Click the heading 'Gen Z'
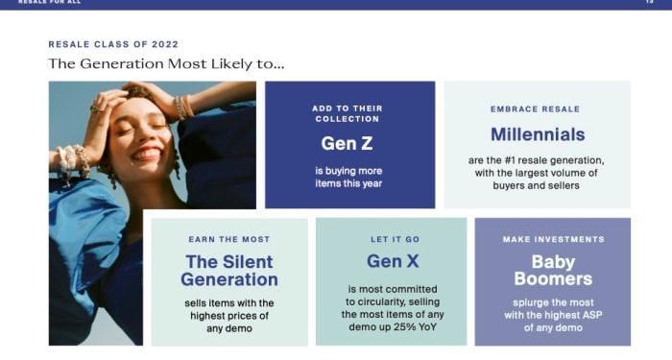(349, 143)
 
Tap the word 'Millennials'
(537, 134)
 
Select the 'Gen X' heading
(391, 261)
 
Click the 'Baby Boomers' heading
(553, 270)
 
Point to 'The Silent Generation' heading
(229, 271)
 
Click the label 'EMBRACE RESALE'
(536, 109)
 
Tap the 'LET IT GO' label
(391, 239)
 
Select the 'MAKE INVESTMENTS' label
(553, 239)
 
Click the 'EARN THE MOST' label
(229, 239)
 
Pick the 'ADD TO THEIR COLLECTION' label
(349, 113)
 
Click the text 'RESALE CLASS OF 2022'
(113, 44)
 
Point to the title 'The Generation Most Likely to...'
(166, 64)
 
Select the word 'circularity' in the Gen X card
(379, 300)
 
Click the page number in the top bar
(649, 2)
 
